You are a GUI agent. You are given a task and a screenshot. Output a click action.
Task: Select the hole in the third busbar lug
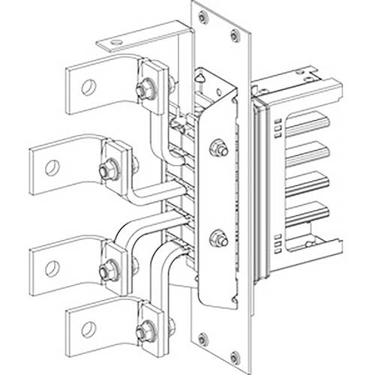click(52, 265)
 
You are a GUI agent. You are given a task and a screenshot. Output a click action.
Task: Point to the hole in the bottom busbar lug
click(88, 328)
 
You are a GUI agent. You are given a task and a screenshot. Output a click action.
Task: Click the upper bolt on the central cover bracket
click(217, 148)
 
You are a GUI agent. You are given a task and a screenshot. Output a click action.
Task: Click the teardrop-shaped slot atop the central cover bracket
click(199, 77)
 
